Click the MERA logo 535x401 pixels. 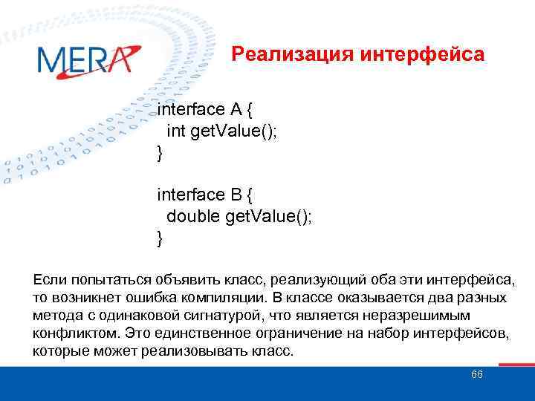pyautogui.click(x=87, y=59)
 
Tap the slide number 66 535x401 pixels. pyautogui.click(x=477, y=374)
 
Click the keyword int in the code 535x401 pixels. pyautogui.click(x=176, y=131)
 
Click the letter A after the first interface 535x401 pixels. pyautogui.click(x=236, y=110)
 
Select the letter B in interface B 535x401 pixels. pyautogui.click(x=236, y=195)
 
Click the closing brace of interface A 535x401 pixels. pyautogui.click(x=159, y=153)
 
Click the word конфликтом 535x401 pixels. pyautogui.click(x=76, y=333)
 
